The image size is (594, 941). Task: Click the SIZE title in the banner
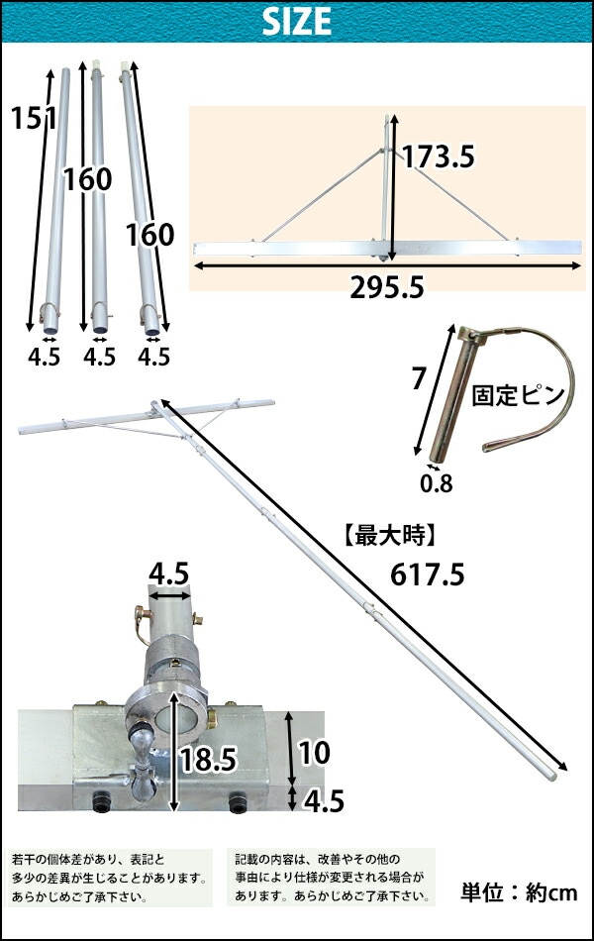pyautogui.click(x=296, y=22)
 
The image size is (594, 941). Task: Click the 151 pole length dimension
pyautogui.click(x=35, y=117)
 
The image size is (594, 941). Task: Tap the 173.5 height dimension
pyautogui.click(x=438, y=157)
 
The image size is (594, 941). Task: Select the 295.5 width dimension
pyautogui.click(x=387, y=288)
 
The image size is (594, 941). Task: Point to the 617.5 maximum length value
pyautogui.click(x=428, y=575)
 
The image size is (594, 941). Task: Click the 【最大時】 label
pyautogui.click(x=390, y=535)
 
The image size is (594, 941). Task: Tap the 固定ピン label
pyautogui.click(x=519, y=395)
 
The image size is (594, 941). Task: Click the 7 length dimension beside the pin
pyautogui.click(x=419, y=378)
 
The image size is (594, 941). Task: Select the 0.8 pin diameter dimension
pyautogui.click(x=437, y=483)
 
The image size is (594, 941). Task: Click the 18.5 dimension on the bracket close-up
pyautogui.click(x=208, y=759)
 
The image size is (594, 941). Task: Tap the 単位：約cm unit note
pyautogui.click(x=519, y=892)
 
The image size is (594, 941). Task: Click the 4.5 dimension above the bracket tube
pyautogui.click(x=168, y=574)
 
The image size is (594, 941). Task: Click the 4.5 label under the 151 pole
pyautogui.click(x=44, y=357)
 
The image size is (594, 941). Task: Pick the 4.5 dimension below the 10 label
pyautogui.click(x=324, y=801)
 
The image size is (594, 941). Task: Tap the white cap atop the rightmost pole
pyautogui.click(x=124, y=66)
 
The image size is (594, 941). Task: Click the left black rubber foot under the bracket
pyautogui.click(x=101, y=801)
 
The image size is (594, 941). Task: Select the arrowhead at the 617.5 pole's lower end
pyautogui.click(x=561, y=765)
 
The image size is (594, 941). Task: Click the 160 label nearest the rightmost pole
pyautogui.click(x=150, y=235)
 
